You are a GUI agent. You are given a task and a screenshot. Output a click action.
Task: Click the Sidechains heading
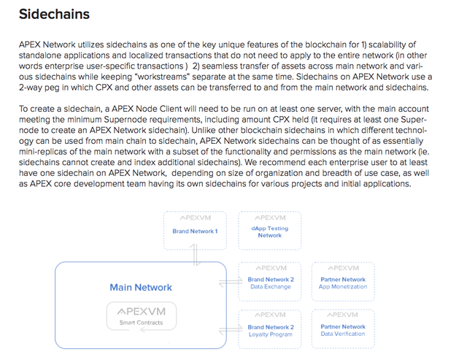click(54, 14)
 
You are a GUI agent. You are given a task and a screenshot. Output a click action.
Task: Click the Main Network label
click(141, 287)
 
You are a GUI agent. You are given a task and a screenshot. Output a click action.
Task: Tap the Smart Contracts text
click(141, 323)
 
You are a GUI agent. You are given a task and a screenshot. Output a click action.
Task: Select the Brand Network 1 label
click(195, 231)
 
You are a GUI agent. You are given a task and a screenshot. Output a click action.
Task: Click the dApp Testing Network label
click(270, 232)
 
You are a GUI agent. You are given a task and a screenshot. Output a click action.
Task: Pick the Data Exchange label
click(271, 287)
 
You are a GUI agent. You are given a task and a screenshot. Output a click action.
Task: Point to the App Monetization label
click(343, 287)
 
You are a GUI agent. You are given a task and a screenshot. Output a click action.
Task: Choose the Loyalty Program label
click(271, 334)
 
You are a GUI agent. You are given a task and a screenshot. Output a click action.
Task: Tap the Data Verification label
click(343, 334)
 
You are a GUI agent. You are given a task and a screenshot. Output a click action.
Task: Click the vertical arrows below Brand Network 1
click(195, 255)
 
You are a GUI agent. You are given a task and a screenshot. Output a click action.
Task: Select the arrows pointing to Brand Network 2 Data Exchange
click(231, 282)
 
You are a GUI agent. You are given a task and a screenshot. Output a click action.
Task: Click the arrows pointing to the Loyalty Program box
click(231, 330)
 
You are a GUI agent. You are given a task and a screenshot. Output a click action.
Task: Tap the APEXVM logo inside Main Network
click(141, 312)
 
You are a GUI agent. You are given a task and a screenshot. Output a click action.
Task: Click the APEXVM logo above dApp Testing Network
click(270, 218)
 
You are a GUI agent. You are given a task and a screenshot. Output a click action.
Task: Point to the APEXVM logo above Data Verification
click(343, 315)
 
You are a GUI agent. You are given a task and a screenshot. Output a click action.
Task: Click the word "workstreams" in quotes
click(162, 77)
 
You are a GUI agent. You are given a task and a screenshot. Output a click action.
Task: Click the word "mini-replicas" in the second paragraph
click(43, 152)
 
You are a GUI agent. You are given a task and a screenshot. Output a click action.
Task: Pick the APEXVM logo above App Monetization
click(343, 268)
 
